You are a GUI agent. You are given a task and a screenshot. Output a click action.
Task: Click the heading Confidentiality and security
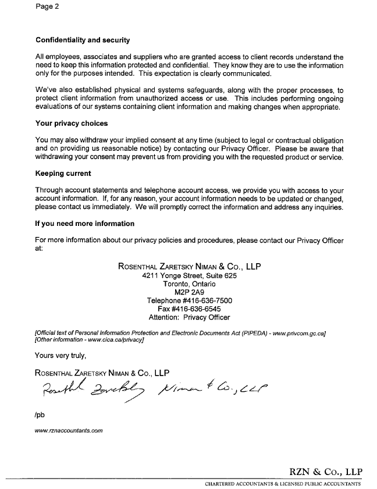[82, 40]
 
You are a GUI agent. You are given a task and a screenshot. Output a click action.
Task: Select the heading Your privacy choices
[72, 123]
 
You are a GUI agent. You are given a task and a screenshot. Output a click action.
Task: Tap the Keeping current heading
[63, 173]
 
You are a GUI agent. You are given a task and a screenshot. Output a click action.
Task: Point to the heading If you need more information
[85, 224]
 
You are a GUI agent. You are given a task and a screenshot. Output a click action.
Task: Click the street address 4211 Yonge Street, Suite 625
[189, 276]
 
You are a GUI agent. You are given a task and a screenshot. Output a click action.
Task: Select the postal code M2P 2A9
[189, 292]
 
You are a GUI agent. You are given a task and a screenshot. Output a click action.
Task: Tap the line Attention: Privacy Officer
[189, 318]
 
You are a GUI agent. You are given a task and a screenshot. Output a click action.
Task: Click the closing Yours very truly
[61, 355]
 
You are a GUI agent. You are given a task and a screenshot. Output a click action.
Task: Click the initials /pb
[41, 416]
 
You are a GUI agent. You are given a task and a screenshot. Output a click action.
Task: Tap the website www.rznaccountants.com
[69, 431]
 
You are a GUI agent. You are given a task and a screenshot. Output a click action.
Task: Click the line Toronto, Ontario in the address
[189, 284]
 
